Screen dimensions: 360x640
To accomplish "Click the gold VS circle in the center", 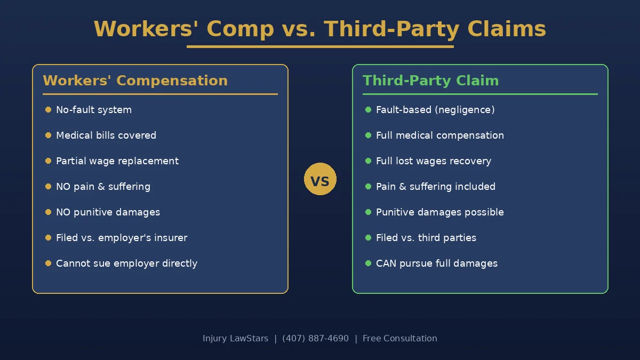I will pos(320,179).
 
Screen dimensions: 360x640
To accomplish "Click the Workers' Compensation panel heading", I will pos(135,81).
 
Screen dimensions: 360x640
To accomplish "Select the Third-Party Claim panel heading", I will pos(430,81).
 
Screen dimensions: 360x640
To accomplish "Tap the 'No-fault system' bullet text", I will pos(94,110).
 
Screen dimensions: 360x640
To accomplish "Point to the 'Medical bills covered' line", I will pos(106,135).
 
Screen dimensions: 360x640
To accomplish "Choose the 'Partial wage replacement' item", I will pos(117,161).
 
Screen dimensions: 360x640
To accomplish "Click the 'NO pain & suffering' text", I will pos(103,187).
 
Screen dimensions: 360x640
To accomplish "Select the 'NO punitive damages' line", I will pos(108,212).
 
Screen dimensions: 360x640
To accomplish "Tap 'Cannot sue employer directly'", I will pos(126,263).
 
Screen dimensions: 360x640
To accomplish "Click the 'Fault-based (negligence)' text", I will pos(435,110).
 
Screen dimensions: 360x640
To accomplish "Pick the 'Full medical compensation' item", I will pos(439,135).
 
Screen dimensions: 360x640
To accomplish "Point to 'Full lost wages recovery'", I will pos(434,161).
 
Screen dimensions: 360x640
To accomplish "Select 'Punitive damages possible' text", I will pos(439,212).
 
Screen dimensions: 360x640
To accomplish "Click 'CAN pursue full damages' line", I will pos(436,263).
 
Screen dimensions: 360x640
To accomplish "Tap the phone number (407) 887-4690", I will pos(315,339).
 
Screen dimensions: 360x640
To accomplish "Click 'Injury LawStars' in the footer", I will pos(235,339).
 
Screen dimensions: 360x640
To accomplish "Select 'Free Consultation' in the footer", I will pos(399,339).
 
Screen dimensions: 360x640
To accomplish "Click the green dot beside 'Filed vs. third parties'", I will pos(368,238).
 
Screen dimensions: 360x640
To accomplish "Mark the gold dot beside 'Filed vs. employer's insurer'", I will pos(48,238).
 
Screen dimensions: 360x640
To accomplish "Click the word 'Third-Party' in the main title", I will pos(391,29).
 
